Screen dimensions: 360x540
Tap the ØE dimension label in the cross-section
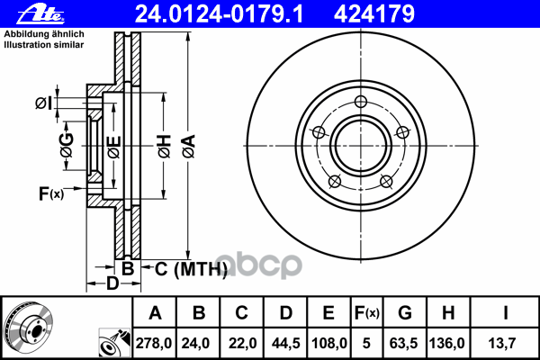[x=113, y=145]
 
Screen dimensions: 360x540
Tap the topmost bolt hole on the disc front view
[x=361, y=102]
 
